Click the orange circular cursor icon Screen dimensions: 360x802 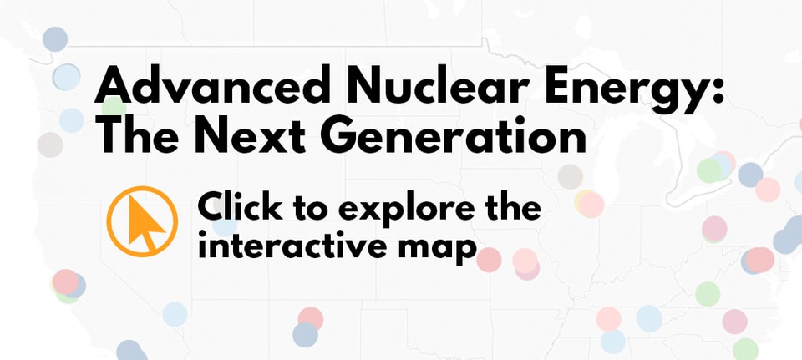[x=142, y=221]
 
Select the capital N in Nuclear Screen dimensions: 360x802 [x=344, y=85]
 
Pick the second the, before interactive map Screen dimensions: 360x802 [x=509, y=205]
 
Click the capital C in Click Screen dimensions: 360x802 [x=211, y=205]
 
